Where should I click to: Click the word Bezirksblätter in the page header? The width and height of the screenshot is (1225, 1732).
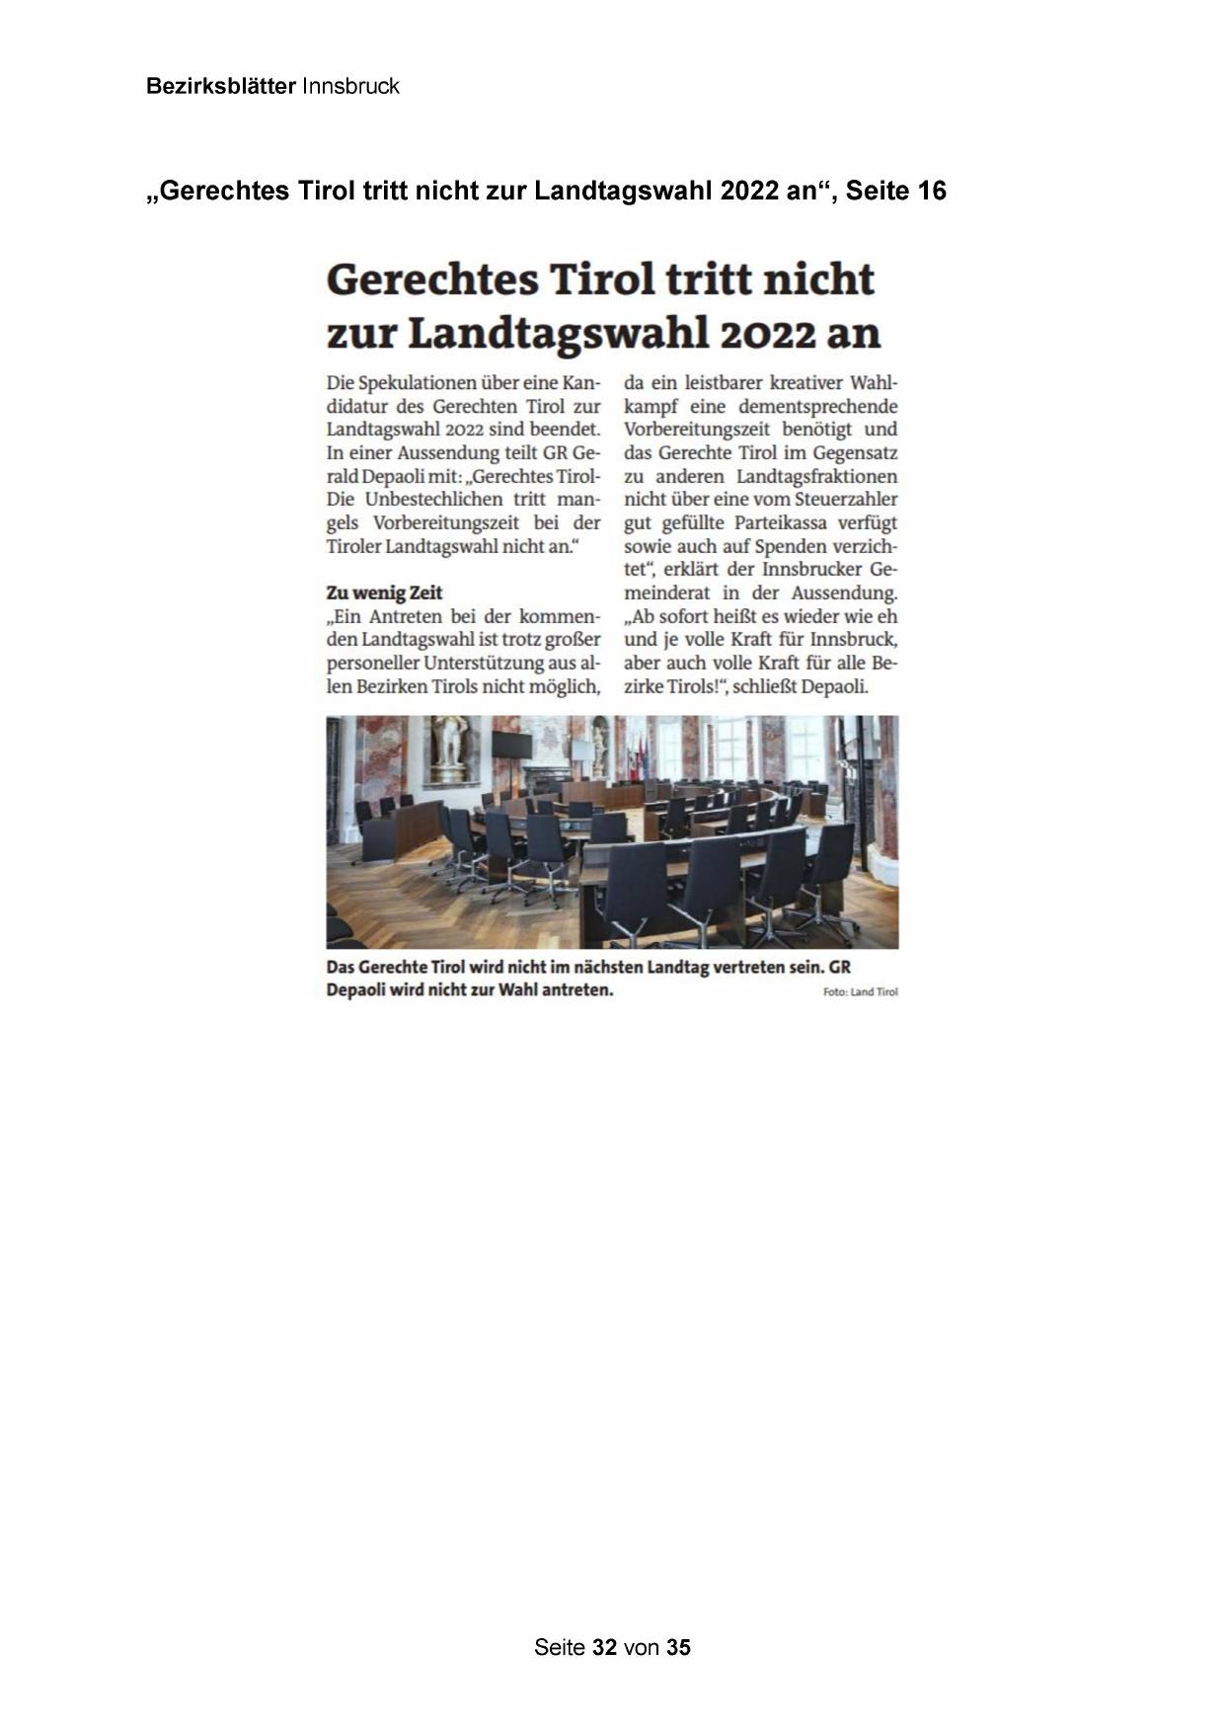pos(220,87)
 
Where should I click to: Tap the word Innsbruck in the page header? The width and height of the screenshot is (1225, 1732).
pos(350,87)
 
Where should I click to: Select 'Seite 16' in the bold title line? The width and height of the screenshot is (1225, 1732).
pos(895,191)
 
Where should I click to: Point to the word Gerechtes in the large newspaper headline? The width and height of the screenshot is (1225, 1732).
pos(431,279)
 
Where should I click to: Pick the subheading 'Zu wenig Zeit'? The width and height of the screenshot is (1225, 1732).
pos(384,592)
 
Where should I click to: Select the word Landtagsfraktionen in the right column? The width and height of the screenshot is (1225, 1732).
pos(817,477)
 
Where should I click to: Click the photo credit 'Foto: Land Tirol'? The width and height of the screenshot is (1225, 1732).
pos(860,992)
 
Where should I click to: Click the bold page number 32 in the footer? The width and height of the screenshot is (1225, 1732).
pos(605,1647)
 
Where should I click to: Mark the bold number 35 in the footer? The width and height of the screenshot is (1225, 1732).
pos(678,1647)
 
